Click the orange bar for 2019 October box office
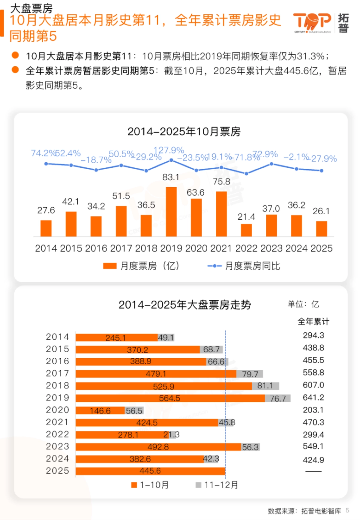point(171,212)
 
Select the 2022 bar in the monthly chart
point(246,230)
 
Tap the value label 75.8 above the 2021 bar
point(221,182)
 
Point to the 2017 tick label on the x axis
point(121,248)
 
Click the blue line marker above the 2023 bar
point(271,164)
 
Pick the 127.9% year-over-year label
point(169,150)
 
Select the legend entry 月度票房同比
point(244,266)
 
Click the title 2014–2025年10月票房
point(184,132)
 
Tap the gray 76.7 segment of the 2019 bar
point(278,398)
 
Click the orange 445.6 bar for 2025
point(150,471)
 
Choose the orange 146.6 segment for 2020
point(100,410)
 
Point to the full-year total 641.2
point(313,398)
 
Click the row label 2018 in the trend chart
point(57,386)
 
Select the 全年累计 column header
point(313,322)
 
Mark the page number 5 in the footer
point(347,510)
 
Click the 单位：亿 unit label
point(303,305)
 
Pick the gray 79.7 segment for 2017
point(250,374)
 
